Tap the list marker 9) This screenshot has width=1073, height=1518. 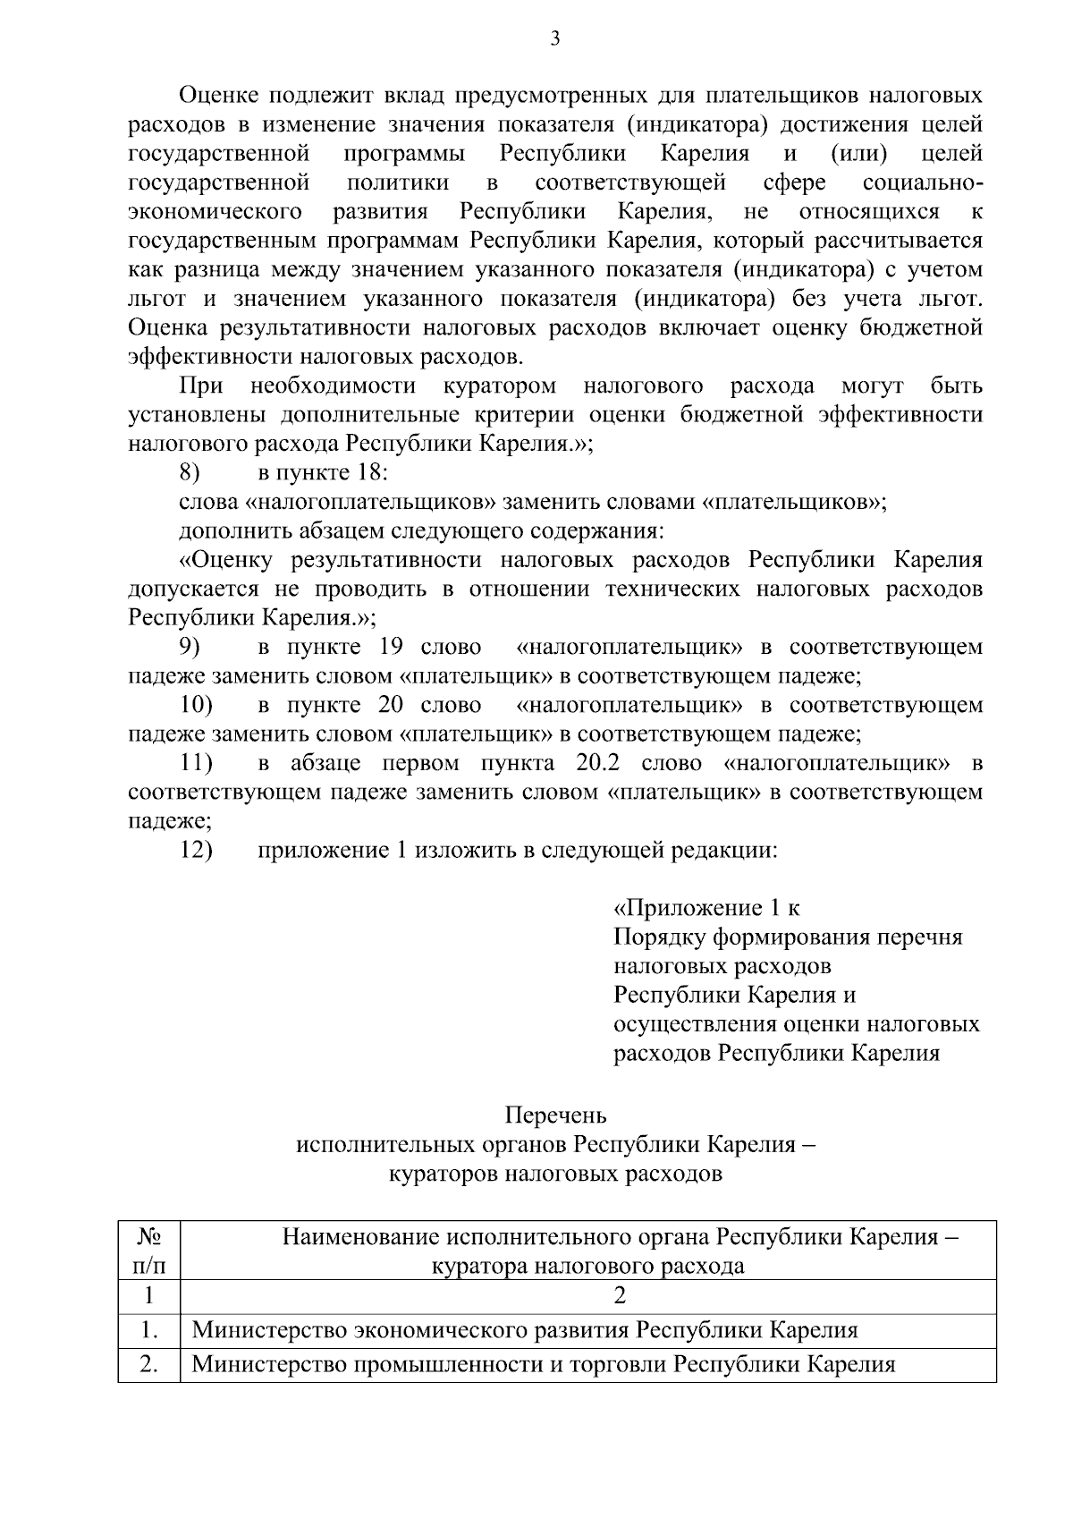tap(190, 647)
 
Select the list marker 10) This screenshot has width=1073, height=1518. tap(196, 705)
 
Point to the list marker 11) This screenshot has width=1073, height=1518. tap(196, 763)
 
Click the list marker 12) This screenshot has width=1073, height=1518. tap(196, 850)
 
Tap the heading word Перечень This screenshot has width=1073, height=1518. tap(555, 1115)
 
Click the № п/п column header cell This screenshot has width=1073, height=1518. tap(149, 1251)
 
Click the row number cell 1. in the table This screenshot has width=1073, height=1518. tap(149, 1330)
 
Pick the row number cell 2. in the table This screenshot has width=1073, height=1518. tap(149, 1365)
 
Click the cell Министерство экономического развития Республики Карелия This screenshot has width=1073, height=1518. tap(525, 1330)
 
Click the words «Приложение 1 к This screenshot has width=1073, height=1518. tap(705, 908)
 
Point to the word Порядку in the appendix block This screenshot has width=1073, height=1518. tap(658, 937)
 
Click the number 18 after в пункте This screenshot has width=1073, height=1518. tap(368, 473)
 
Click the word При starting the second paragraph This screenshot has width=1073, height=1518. tap(200, 386)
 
